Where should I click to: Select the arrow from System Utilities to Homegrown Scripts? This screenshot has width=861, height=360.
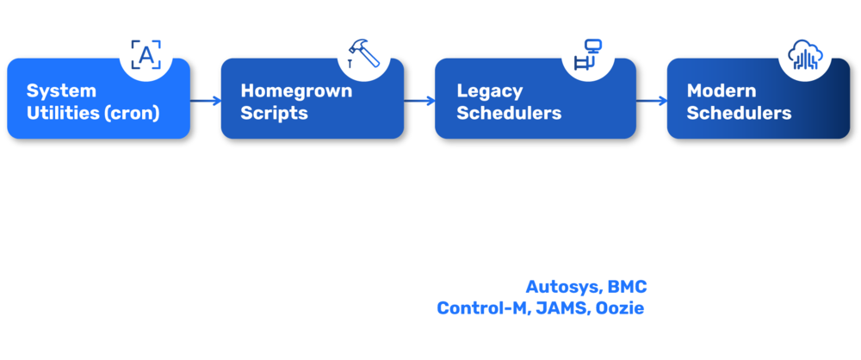[206, 101]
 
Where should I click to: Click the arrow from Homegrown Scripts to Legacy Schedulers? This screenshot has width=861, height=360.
[420, 101]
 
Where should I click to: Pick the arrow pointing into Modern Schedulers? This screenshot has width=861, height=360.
[652, 101]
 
